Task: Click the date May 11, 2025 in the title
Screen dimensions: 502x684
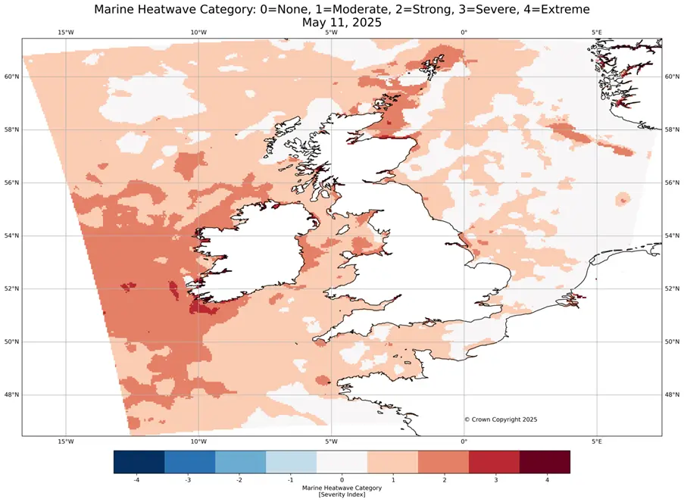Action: (x=341, y=23)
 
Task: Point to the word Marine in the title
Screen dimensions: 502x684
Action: (x=119, y=9)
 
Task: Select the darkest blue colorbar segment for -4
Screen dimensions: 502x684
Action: (x=139, y=462)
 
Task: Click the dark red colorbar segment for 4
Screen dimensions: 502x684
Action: (x=545, y=462)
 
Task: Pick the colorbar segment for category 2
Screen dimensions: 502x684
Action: (x=443, y=462)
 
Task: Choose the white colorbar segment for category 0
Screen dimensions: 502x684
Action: (x=342, y=462)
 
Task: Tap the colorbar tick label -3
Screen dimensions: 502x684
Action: (x=189, y=479)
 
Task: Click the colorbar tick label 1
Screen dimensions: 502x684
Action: (x=392, y=479)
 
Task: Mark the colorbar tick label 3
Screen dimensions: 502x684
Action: (x=494, y=479)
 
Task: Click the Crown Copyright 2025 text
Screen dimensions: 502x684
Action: (x=501, y=419)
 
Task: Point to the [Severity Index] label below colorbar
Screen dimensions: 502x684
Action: (x=342, y=494)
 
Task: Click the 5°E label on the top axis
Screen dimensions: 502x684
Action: (x=596, y=32)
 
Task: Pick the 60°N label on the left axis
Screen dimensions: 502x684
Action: (x=11, y=76)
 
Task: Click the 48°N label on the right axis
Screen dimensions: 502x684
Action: (x=672, y=394)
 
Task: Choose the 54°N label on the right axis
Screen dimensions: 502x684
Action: (x=672, y=235)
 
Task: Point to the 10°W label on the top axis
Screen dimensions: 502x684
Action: (x=198, y=32)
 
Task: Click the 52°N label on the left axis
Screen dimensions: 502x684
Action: (x=11, y=288)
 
